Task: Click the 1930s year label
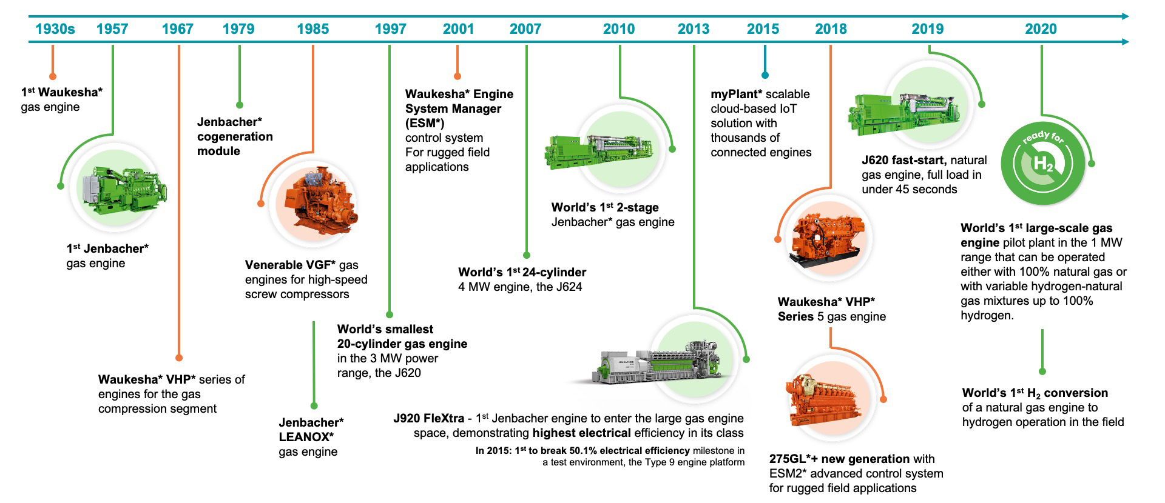tap(55, 29)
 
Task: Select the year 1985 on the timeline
tap(312, 29)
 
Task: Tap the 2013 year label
tap(693, 29)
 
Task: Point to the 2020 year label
tap(1041, 29)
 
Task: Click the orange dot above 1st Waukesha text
tap(53, 76)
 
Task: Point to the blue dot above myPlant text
tap(765, 75)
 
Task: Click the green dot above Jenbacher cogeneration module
tap(240, 105)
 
